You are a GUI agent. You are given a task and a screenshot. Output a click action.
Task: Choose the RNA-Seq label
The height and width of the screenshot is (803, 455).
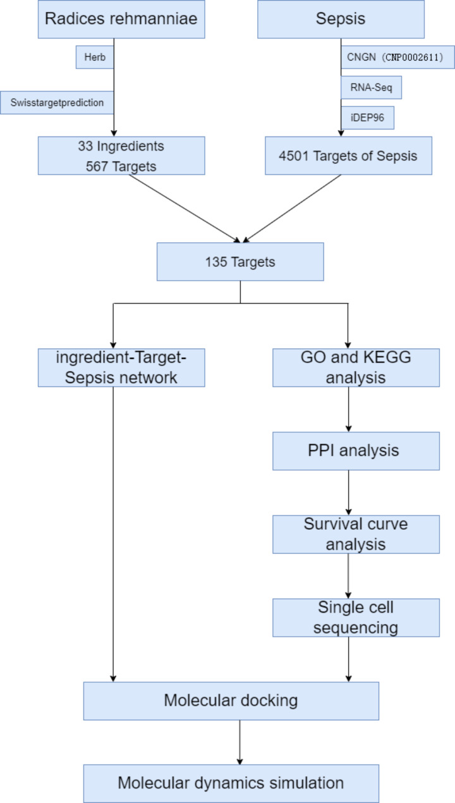371,87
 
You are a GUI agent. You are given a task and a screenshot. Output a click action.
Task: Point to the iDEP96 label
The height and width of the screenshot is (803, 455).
367,118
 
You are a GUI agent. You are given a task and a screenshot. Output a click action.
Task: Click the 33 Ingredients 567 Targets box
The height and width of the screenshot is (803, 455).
121,156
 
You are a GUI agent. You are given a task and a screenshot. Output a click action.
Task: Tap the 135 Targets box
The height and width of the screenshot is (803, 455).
240,261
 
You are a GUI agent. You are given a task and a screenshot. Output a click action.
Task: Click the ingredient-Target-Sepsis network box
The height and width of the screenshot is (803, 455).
121,367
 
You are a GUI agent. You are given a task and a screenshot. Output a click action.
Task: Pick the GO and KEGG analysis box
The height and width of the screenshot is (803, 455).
356,367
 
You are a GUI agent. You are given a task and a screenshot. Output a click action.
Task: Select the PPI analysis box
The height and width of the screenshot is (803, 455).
356,451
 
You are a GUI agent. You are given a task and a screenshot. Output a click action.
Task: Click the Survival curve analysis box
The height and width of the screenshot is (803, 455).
356,534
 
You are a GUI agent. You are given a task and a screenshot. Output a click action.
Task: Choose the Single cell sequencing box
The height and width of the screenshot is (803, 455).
356,617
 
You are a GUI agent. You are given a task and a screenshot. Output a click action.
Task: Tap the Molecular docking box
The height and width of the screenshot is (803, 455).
231,701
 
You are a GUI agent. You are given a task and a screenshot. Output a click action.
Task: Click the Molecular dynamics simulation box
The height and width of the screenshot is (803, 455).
231,783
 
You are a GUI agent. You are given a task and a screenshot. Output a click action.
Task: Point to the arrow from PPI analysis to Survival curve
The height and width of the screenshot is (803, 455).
348,493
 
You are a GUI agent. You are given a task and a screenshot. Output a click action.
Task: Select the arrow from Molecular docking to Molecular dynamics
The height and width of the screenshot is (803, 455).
240,742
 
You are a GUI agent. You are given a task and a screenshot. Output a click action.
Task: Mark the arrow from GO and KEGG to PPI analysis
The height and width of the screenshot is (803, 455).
348,409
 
